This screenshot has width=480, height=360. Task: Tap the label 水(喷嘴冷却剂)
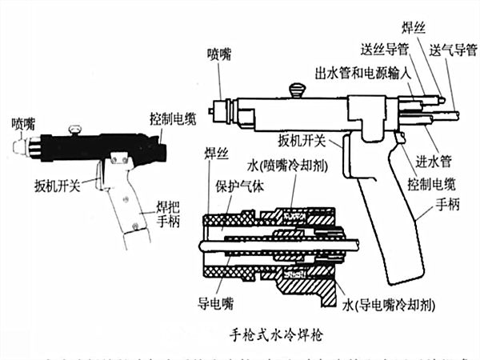pos(285,167)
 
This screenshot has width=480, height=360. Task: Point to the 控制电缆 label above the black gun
pos(170,116)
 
